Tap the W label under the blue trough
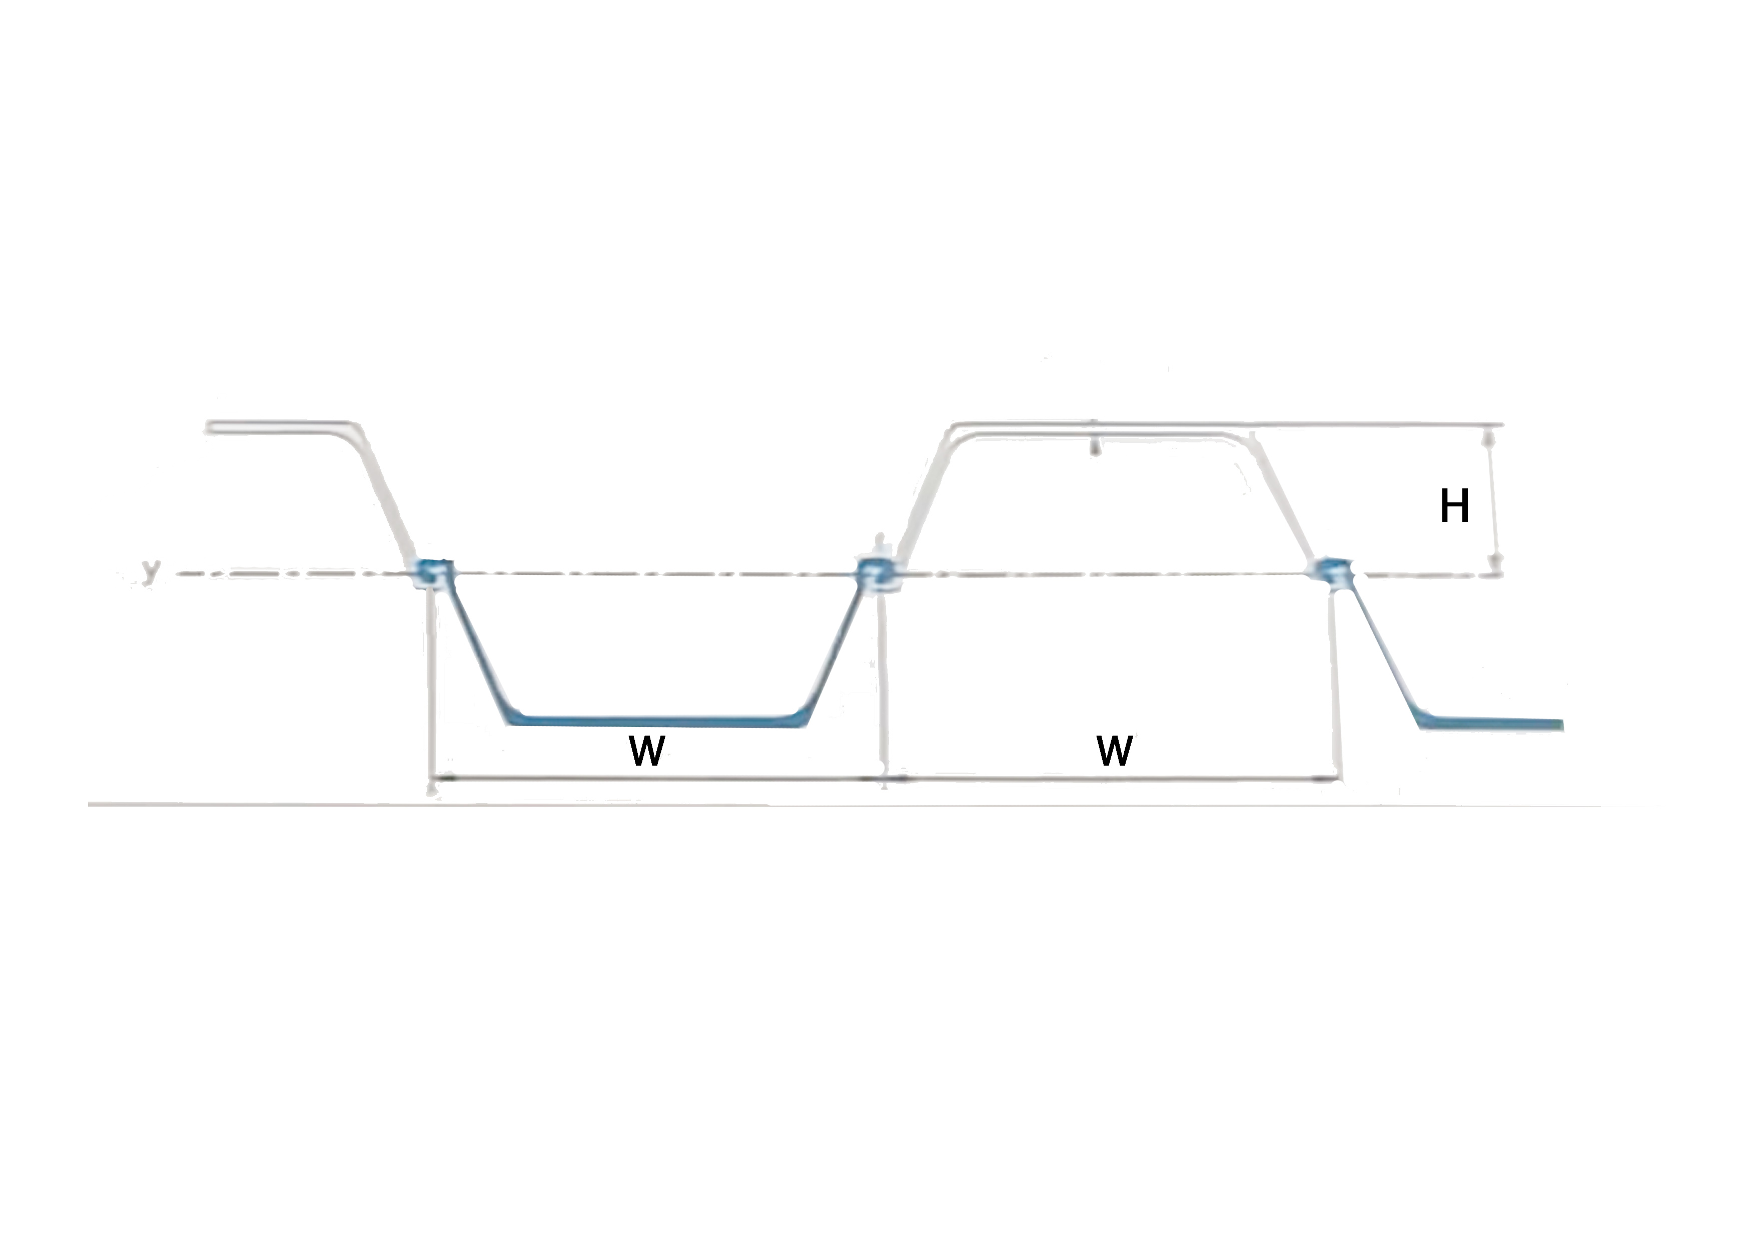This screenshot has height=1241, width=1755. click(x=647, y=751)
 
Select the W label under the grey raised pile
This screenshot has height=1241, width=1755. click(x=1115, y=751)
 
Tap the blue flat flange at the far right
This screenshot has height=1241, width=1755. click(x=1490, y=723)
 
